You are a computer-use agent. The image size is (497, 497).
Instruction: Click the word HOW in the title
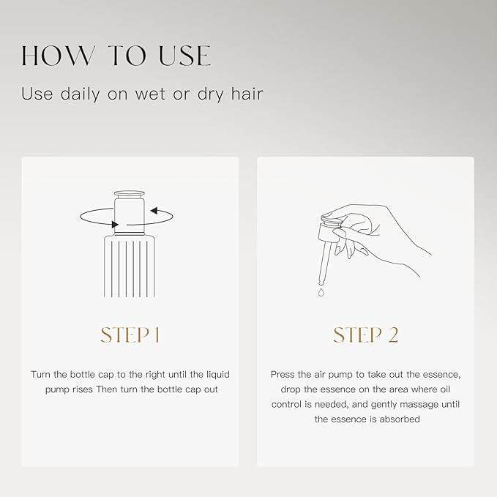[58, 56]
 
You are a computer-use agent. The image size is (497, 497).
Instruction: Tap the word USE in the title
[184, 56]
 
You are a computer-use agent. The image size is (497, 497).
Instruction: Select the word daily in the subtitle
[80, 94]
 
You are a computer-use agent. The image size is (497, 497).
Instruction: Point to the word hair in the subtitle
[247, 94]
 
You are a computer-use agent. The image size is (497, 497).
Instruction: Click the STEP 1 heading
[130, 335]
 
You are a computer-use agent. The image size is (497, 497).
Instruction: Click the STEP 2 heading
[365, 335]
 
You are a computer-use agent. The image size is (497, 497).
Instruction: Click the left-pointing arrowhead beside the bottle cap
[154, 211]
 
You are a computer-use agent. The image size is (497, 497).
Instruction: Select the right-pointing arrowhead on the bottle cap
[115, 225]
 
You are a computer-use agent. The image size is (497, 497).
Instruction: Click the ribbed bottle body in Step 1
[130, 266]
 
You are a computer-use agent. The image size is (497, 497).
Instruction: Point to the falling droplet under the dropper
[321, 292]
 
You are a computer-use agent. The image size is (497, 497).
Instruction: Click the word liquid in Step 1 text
[218, 375]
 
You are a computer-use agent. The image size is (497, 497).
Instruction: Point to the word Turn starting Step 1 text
[40, 374]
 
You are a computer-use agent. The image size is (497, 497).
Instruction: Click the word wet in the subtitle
[150, 94]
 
